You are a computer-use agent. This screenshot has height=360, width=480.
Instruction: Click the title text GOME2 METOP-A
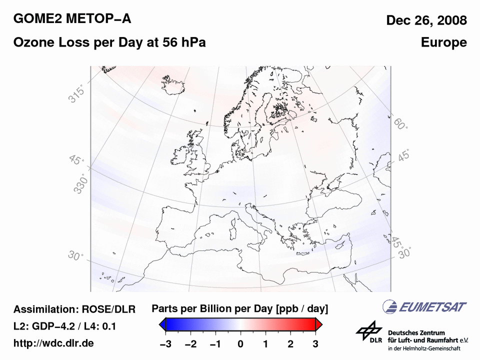72,19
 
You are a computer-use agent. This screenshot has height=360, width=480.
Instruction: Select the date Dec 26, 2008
426,20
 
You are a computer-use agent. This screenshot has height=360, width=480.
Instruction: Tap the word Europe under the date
444,43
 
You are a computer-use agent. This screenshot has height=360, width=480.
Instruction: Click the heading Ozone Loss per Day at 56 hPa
109,43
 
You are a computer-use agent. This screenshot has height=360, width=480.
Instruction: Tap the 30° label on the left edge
75,256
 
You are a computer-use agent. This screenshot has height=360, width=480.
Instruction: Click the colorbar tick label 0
240,344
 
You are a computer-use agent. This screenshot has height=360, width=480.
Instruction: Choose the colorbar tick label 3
316,344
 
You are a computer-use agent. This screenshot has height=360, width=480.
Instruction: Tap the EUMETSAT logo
424,306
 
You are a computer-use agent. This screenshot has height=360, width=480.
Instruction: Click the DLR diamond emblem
369,331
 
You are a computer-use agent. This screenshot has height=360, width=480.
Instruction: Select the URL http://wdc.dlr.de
53,343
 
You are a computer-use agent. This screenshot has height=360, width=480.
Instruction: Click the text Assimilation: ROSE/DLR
74,309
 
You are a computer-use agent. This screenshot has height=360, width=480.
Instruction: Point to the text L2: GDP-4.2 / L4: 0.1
65,326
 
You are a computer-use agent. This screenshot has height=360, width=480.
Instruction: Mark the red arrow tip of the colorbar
319,325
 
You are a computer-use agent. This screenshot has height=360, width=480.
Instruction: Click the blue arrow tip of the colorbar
162,325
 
